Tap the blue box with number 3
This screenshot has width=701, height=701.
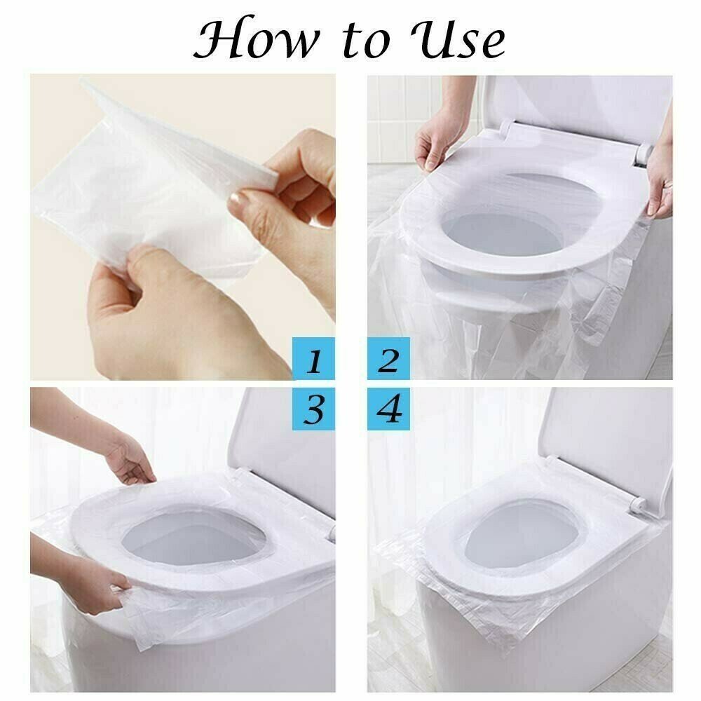(x=314, y=407)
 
